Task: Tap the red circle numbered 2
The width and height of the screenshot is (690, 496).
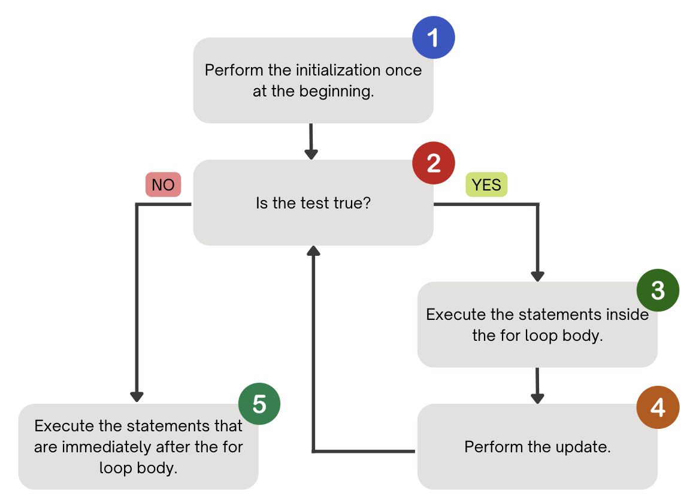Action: click(x=434, y=163)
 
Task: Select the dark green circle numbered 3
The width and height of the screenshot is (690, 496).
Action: click(x=658, y=291)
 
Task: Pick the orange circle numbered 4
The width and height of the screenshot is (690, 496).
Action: click(x=658, y=407)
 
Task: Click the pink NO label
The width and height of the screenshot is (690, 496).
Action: click(x=163, y=185)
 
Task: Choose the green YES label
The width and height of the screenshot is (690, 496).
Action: click(x=486, y=185)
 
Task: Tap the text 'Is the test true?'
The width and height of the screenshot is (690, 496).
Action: click(x=313, y=203)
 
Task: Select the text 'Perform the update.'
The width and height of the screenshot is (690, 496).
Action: click(x=537, y=447)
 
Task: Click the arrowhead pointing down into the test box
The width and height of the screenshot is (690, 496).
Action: click(x=311, y=153)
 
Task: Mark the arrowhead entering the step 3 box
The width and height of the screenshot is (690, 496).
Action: click(x=537, y=276)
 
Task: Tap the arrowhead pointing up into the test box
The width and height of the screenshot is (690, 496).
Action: click(x=312, y=251)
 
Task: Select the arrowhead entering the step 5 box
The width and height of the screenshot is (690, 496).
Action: click(x=137, y=397)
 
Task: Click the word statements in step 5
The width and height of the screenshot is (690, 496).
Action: click(x=172, y=426)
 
